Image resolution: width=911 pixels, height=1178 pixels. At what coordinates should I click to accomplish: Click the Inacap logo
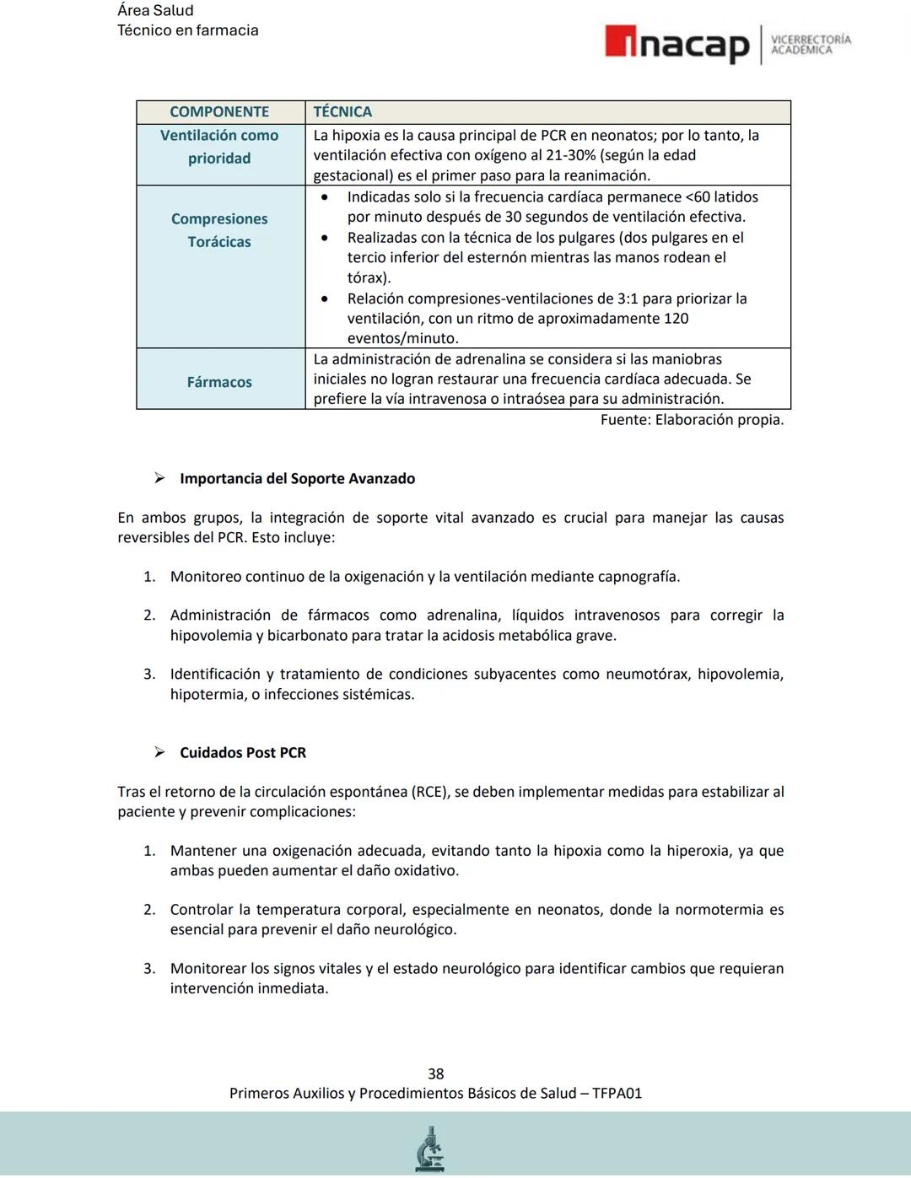(x=677, y=45)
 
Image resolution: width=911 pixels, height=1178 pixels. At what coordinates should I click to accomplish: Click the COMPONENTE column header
(x=219, y=112)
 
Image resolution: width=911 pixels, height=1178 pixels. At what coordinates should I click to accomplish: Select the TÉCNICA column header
(x=342, y=112)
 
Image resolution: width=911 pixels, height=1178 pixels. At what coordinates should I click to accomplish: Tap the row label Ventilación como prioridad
(x=219, y=147)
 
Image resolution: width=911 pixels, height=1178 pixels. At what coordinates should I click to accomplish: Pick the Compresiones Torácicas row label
(x=219, y=230)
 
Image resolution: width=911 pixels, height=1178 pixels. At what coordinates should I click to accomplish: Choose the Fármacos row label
(x=219, y=382)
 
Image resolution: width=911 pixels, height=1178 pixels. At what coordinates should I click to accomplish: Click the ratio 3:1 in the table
(x=654, y=299)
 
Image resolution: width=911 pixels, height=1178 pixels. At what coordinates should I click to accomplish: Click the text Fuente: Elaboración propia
(x=692, y=420)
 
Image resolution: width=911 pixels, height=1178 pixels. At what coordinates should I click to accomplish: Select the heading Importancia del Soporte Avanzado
(x=297, y=479)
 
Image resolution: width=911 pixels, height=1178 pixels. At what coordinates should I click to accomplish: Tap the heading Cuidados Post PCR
(x=243, y=753)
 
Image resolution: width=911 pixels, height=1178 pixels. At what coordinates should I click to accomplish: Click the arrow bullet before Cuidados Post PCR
(x=159, y=752)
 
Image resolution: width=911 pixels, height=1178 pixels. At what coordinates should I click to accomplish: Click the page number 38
(x=436, y=1073)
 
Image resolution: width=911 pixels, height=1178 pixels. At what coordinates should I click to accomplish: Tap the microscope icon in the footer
(x=430, y=1148)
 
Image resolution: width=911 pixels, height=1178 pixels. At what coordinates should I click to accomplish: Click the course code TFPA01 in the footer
(x=617, y=1094)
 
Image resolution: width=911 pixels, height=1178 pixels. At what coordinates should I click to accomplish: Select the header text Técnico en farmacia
(x=188, y=30)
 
